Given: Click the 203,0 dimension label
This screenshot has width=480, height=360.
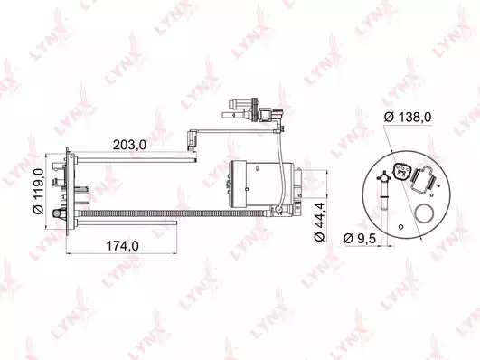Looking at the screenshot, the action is pyautogui.click(x=129, y=145).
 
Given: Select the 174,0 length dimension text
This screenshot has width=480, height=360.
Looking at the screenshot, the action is pyautogui.click(x=122, y=245).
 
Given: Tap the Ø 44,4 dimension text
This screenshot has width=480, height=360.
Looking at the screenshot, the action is pyautogui.click(x=319, y=222).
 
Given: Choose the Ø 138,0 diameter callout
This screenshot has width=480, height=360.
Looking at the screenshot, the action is pyautogui.click(x=408, y=117).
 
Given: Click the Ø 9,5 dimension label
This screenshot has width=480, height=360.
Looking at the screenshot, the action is pyautogui.click(x=360, y=238).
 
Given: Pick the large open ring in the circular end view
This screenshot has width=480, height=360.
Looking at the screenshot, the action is pyautogui.click(x=424, y=213).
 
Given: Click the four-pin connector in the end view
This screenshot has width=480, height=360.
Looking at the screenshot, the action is pyautogui.click(x=400, y=173).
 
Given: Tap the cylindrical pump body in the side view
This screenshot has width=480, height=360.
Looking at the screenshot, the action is pyautogui.click(x=261, y=184).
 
